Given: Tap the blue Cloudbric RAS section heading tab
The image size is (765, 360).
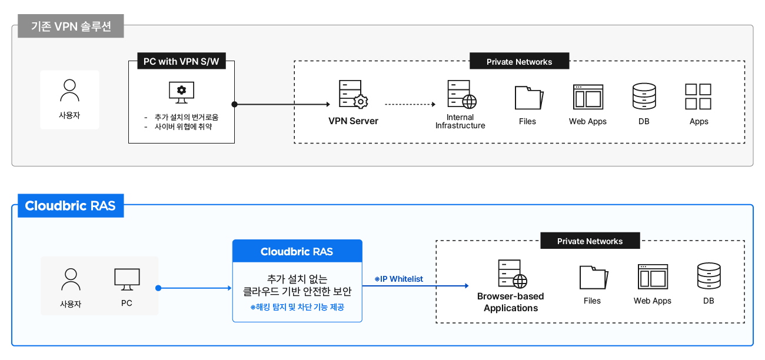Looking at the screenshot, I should point(71,206).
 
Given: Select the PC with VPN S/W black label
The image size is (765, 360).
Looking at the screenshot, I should point(181,61).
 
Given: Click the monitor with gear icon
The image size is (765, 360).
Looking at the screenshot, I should point(181,92).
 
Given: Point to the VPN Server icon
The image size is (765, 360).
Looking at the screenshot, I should point(353,94).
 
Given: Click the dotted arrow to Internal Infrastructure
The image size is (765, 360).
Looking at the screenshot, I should point(410,105).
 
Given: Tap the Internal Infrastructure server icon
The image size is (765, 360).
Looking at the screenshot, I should point(461,94).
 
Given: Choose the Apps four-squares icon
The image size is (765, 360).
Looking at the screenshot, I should point(699,96).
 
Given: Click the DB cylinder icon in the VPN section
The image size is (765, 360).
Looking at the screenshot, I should point(644,96).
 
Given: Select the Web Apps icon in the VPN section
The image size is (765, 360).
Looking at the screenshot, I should point(588,97).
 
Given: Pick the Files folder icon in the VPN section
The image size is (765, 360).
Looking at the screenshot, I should point(528,98).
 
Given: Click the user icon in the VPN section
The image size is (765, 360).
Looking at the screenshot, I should point(69,91).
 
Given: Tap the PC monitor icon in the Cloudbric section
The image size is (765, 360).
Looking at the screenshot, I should point(127,279).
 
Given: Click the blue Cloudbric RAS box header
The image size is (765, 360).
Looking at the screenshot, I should point(297,251).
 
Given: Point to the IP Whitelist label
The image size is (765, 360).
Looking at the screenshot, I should point(399,279).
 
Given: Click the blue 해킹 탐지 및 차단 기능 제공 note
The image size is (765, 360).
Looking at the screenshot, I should point(297,307).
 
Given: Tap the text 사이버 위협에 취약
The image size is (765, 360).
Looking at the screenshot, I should point(183,126).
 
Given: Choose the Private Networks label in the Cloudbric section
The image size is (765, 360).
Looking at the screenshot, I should point(590,241).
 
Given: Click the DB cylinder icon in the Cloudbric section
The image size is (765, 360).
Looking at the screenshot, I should point(708,276).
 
